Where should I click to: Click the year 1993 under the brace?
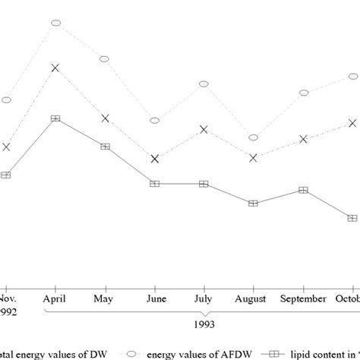[204, 324]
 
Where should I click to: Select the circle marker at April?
[55, 23]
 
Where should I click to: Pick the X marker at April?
[55, 68]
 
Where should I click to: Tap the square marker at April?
[55, 118]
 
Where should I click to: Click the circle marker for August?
[254, 137]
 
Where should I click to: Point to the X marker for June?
[154, 158]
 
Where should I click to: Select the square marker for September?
[304, 190]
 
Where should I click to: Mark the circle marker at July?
[204, 84]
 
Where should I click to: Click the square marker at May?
[105, 146]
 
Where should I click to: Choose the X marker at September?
[304, 139]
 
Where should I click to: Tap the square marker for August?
[254, 203]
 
